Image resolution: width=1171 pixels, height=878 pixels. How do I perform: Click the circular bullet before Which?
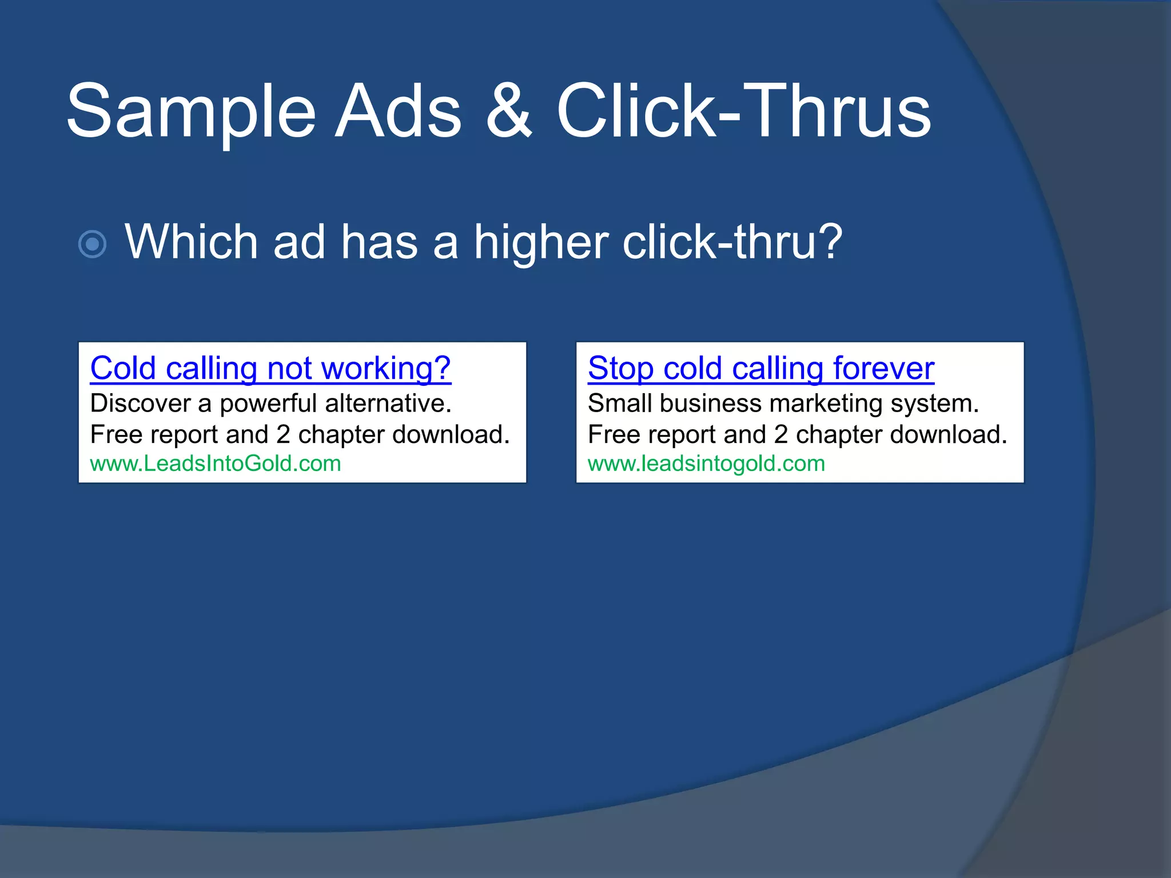click(x=92, y=245)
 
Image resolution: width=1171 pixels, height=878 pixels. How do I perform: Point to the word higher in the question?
click(x=541, y=243)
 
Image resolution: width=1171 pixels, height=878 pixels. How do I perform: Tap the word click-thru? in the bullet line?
click(x=732, y=242)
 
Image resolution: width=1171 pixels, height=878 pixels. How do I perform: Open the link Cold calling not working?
click(x=270, y=369)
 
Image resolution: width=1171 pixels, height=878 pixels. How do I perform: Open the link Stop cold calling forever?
click(x=761, y=369)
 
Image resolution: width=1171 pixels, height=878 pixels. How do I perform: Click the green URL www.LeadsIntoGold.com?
click(x=216, y=464)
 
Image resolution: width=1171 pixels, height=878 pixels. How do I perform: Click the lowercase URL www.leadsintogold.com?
click(x=706, y=464)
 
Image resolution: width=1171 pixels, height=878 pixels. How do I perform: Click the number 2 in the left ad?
click(x=283, y=435)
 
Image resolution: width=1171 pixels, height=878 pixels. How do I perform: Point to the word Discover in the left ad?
click(x=140, y=404)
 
